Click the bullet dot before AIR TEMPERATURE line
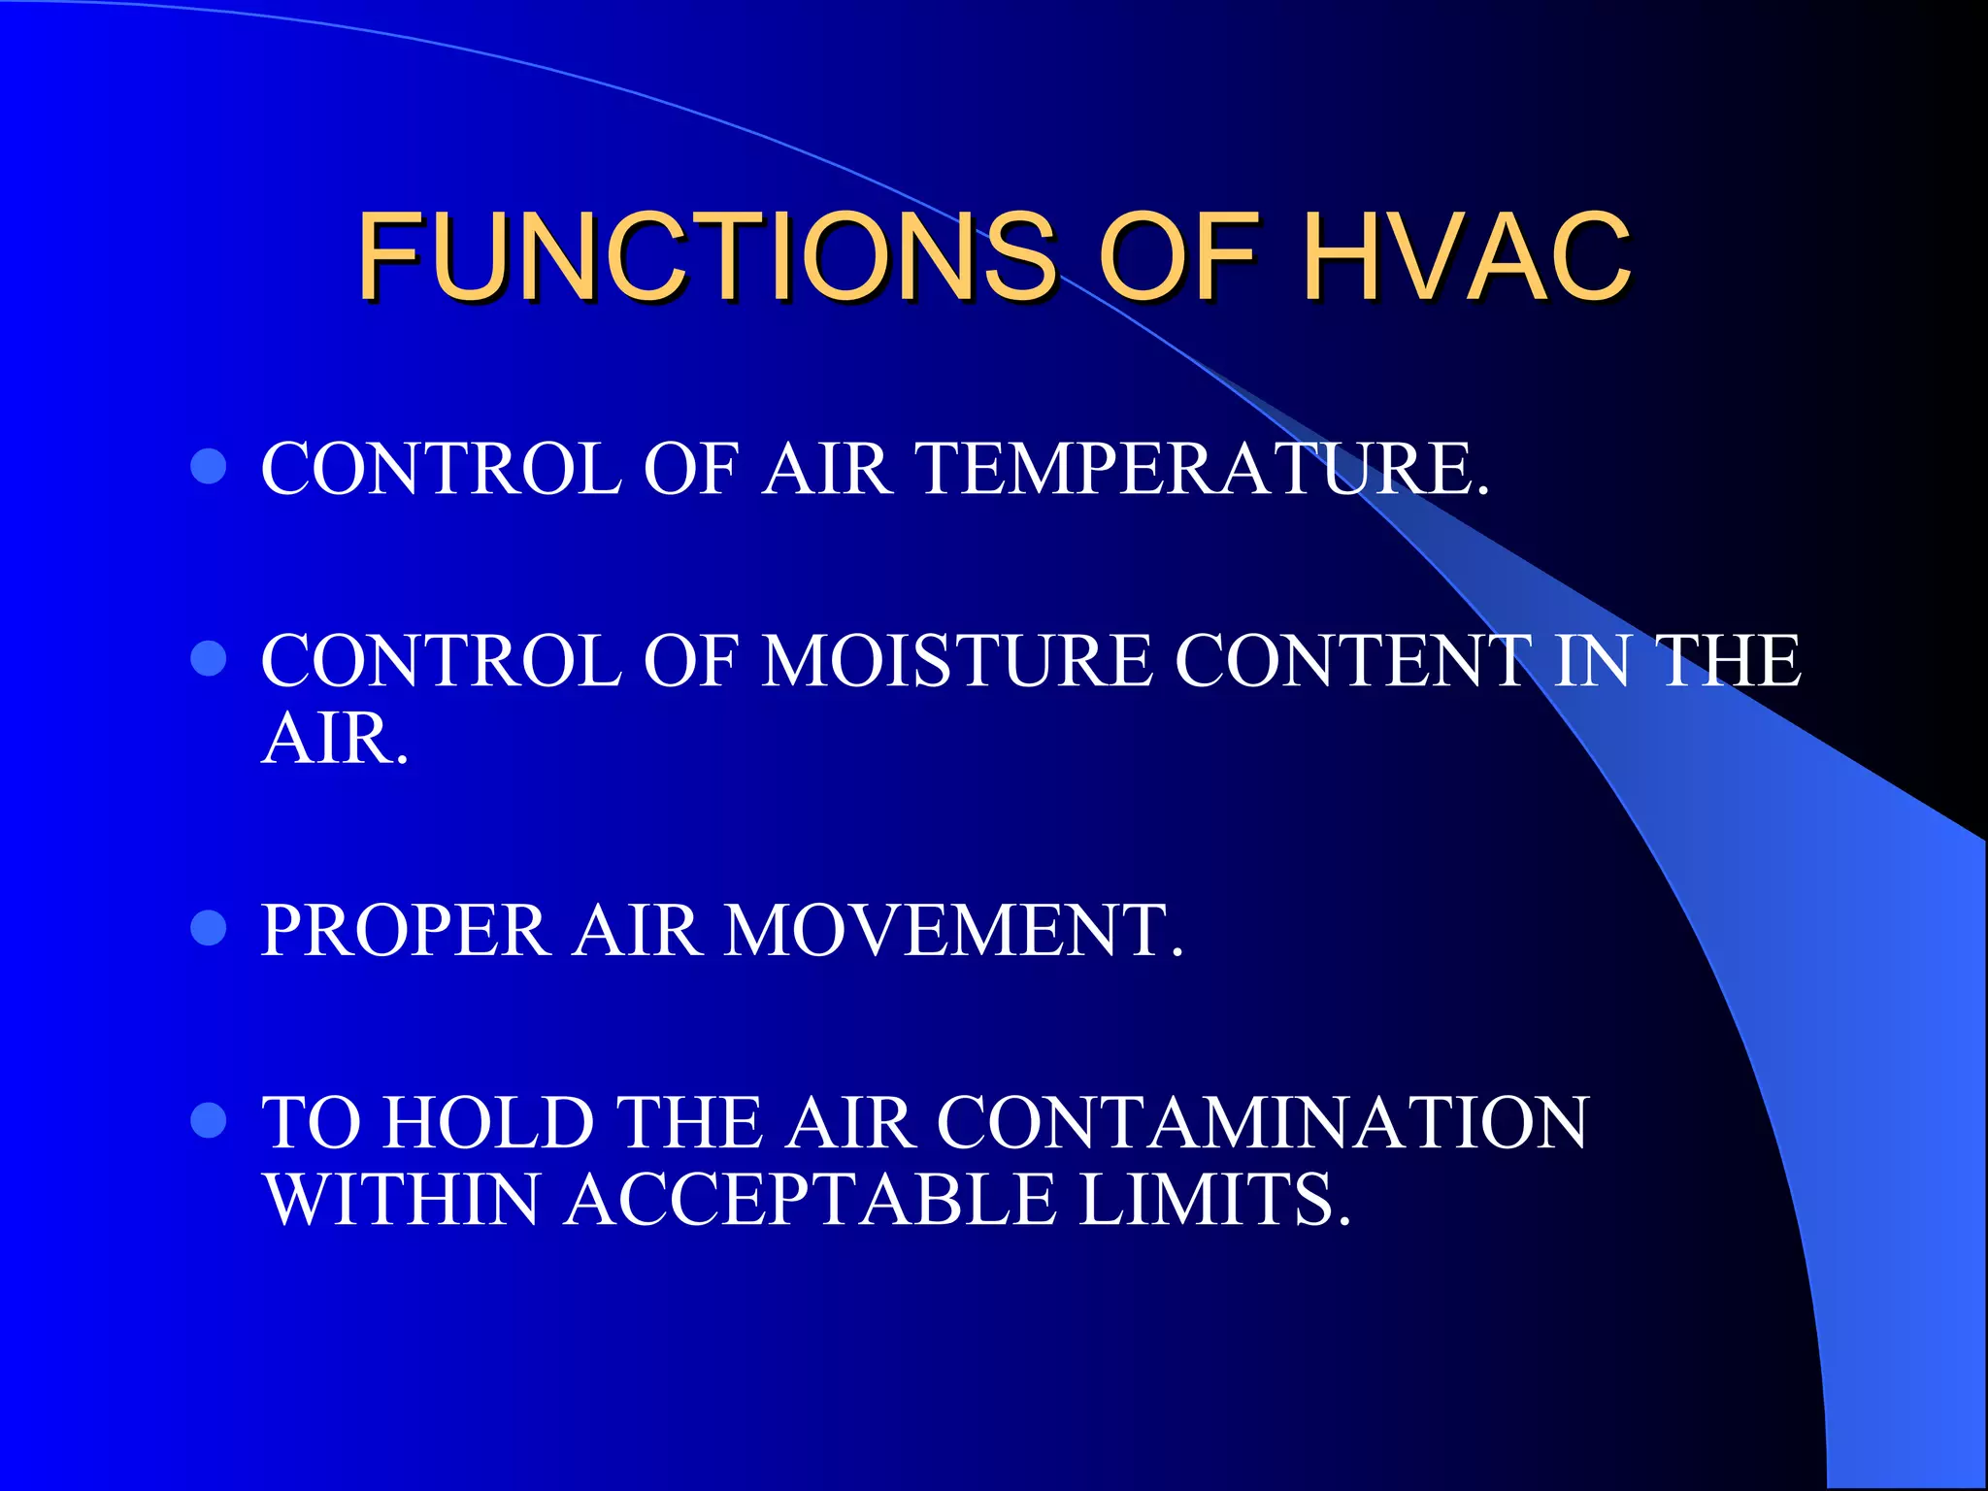[x=209, y=467]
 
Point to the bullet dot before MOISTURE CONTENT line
[x=209, y=659]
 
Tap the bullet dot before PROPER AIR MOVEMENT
[x=209, y=928]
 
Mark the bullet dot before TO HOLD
[x=209, y=1120]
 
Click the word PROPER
[x=405, y=930]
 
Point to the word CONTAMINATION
[x=1262, y=1122]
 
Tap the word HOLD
[x=488, y=1122]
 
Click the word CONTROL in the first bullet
[x=441, y=469]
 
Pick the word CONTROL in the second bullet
[x=441, y=661]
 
